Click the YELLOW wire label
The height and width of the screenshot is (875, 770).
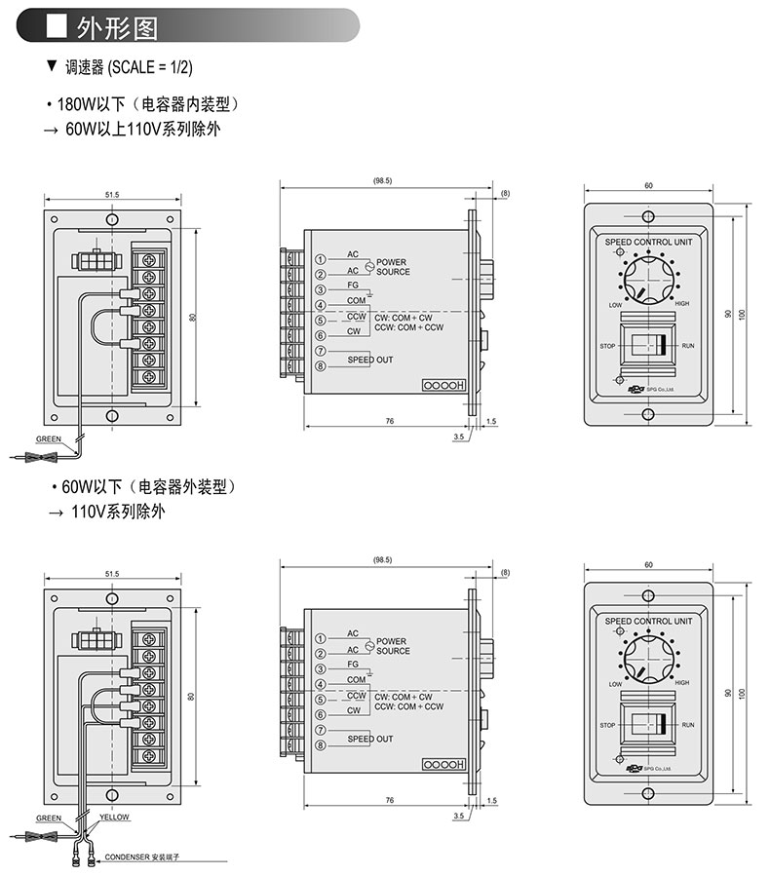click(x=113, y=817)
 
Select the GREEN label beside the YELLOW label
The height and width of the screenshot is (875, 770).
click(x=49, y=818)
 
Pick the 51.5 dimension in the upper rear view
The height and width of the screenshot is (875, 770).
click(x=112, y=195)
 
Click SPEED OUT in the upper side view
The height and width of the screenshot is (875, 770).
click(x=370, y=360)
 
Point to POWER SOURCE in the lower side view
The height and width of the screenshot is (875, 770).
click(x=393, y=645)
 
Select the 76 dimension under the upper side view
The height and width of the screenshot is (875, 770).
click(x=389, y=420)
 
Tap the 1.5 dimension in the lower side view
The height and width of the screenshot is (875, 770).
click(x=491, y=799)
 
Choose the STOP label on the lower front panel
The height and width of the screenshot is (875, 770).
click(x=608, y=725)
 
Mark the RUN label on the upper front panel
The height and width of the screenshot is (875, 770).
click(x=688, y=346)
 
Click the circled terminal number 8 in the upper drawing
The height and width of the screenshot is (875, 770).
click(x=320, y=366)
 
